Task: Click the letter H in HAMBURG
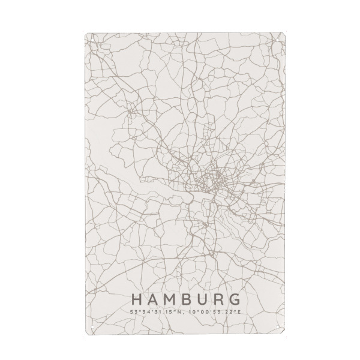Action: (x=136, y=299)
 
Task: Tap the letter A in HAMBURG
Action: (x=152, y=299)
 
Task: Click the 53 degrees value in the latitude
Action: (x=133, y=311)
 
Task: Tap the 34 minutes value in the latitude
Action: (x=144, y=311)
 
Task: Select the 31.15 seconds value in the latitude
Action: (x=159, y=311)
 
